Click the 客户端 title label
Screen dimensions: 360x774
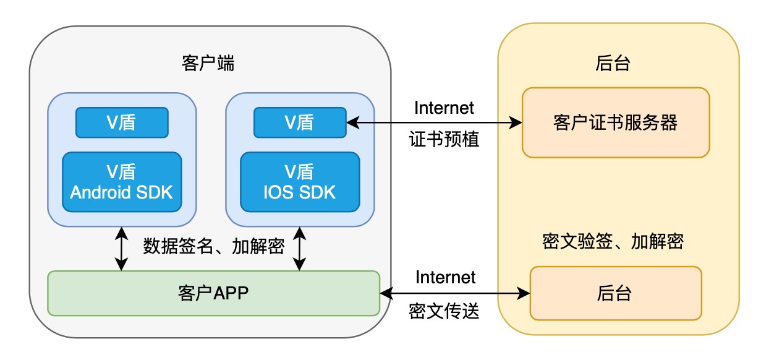[208, 63]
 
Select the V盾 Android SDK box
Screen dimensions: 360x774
[122, 182]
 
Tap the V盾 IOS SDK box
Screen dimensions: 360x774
[300, 182]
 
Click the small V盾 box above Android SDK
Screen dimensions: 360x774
[122, 122]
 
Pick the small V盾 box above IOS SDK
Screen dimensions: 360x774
[300, 122]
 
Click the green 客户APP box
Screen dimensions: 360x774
[213, 293]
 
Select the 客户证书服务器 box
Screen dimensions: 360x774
[615, 122]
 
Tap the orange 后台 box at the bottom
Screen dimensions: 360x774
[615, 293]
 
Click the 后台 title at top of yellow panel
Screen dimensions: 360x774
[613, 63]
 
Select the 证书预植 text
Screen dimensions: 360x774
[444, 140]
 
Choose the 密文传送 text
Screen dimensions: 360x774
[444, 311]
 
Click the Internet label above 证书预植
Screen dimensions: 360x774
[444, 108]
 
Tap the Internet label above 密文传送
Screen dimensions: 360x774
[445, 277]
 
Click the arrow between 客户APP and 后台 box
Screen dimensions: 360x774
[454, 294]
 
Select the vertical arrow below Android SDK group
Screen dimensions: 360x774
[122, 248]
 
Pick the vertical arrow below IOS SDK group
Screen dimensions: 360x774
[300, 248]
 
